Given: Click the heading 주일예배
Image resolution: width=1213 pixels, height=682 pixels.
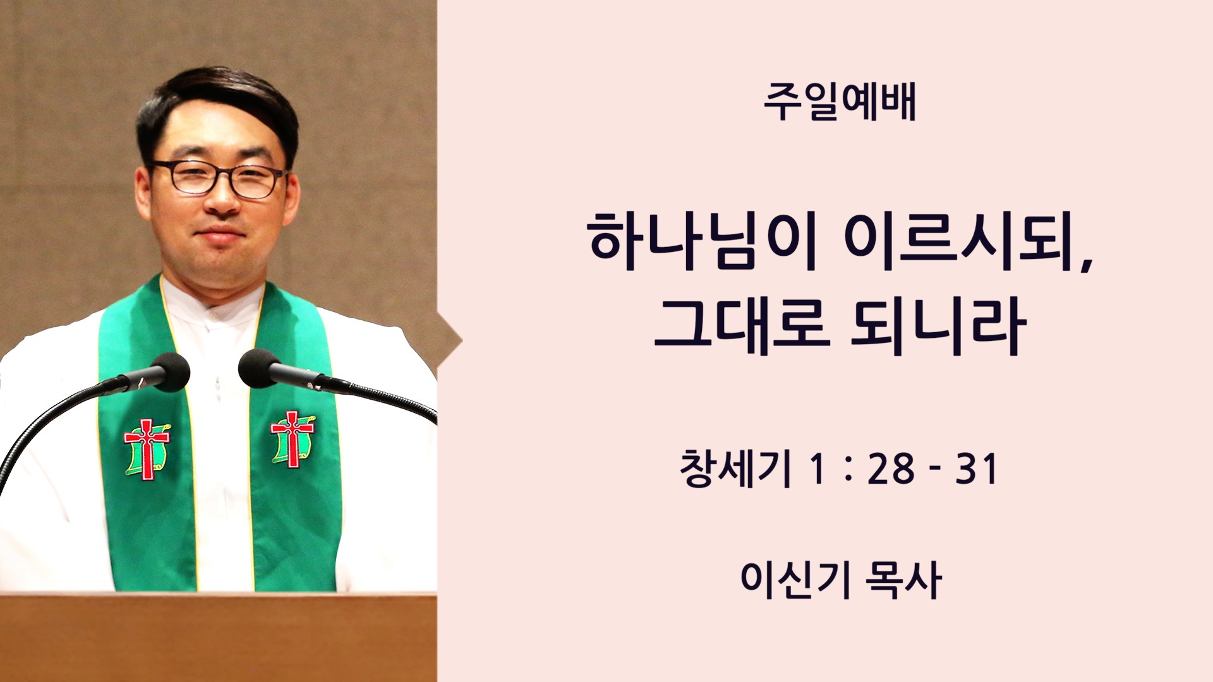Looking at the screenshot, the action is (x=840, y=102).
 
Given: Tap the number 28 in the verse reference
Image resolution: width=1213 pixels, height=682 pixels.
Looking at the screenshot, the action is (x=891, y=469).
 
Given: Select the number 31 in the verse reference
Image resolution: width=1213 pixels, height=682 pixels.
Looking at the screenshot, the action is (x=977, y=469).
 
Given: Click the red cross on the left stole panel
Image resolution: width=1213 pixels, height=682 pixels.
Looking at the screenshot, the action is (x=147, y=448).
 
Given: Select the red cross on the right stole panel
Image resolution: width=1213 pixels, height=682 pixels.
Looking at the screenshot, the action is (x=292, y=439).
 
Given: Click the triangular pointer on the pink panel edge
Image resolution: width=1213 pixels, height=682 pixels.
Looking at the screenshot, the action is (x=450, y=342).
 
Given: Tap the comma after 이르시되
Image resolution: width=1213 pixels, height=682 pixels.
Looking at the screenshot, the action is (x=1086, y=263).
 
